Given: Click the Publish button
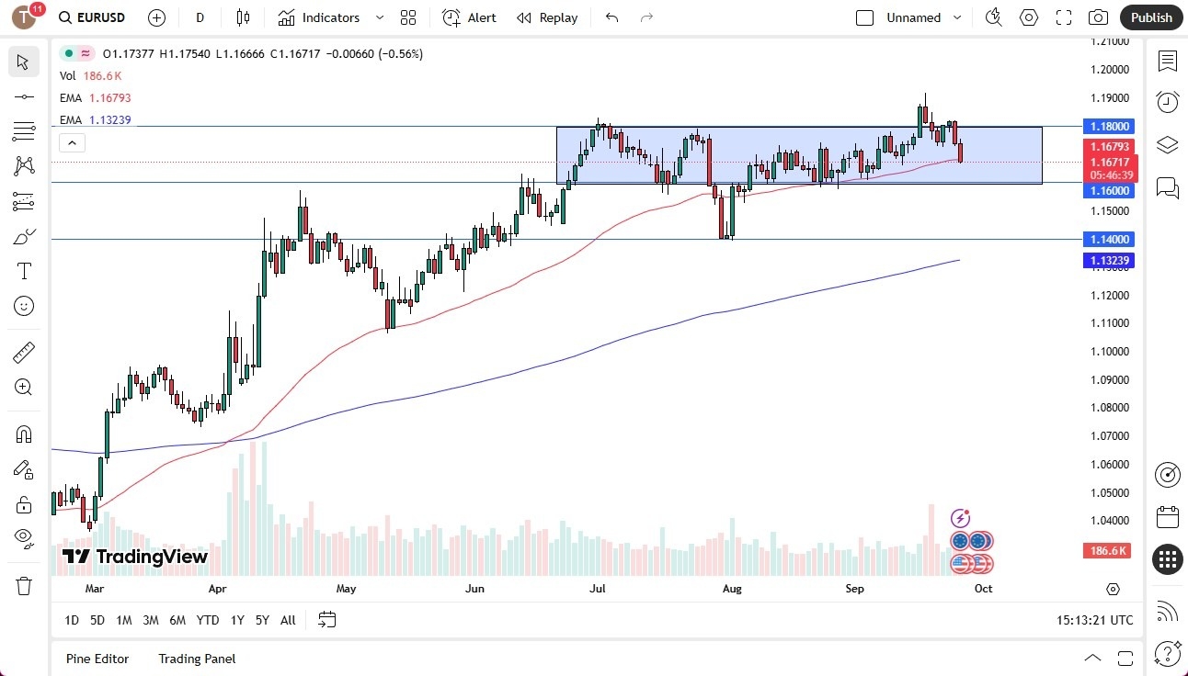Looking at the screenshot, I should click(x=1151, y=17).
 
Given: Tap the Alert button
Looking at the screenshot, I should click(x=469, y=17).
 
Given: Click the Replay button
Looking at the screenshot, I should click(x=547, y=17).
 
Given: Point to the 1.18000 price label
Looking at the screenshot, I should click(x=1111, y=127).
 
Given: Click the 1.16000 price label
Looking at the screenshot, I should click(x=1111, y=191).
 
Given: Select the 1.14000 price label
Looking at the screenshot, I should click(x=1111, y=240).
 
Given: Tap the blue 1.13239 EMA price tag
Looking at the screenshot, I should click(x=1111, y=261).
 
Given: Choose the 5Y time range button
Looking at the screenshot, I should click(x=262, y=620).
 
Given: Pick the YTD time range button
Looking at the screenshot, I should click(x=208, y=620).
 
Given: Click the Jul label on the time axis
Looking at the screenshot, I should click(x=598, y=589).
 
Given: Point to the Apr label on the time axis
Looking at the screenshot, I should click(x=218, y=589).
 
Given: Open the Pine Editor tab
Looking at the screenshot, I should click(x=97, y=659).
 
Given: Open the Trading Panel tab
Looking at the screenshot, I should click(x=197, y=659).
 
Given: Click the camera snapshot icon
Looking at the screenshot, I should click(x=1098, y=17).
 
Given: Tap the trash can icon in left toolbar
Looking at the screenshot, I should click(x=24, y=586).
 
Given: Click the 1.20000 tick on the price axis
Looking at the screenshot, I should click(x=1109, y=70).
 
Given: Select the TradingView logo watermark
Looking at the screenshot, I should click(x=135, y=557).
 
